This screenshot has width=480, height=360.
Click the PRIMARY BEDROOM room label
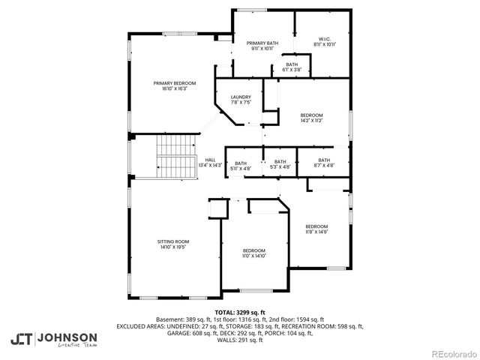(175, 82)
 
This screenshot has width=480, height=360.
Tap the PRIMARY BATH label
(263, 43)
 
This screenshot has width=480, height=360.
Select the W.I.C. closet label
(325, 40)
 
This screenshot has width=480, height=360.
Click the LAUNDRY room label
(241, 97)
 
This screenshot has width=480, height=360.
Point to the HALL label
(211, 160)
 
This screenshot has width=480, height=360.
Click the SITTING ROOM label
(172, 241)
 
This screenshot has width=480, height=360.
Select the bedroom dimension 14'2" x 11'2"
(311, 120)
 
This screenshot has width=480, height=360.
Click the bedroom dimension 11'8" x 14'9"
(316, 232)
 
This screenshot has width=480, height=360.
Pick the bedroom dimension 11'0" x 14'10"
(253, 256)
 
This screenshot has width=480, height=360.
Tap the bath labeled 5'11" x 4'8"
(241, 168)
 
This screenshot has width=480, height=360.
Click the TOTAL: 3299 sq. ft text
(240, 312)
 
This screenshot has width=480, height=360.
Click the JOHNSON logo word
(67, 337)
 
